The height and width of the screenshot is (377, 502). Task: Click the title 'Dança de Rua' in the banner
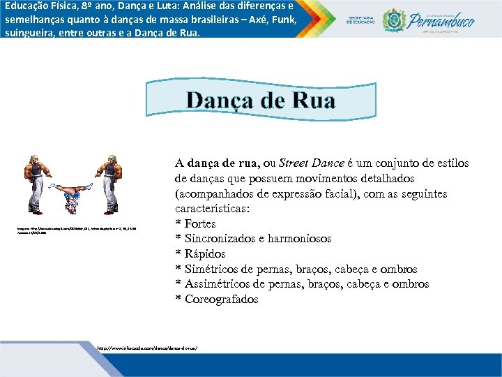tap(260, 101)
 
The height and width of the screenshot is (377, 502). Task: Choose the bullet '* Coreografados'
tap(216, 300)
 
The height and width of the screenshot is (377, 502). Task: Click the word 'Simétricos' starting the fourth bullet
tap(213, 269)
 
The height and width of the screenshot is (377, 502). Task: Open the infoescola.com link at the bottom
tap(148, 347)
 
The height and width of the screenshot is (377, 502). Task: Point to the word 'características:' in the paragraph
tap(212, 209)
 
